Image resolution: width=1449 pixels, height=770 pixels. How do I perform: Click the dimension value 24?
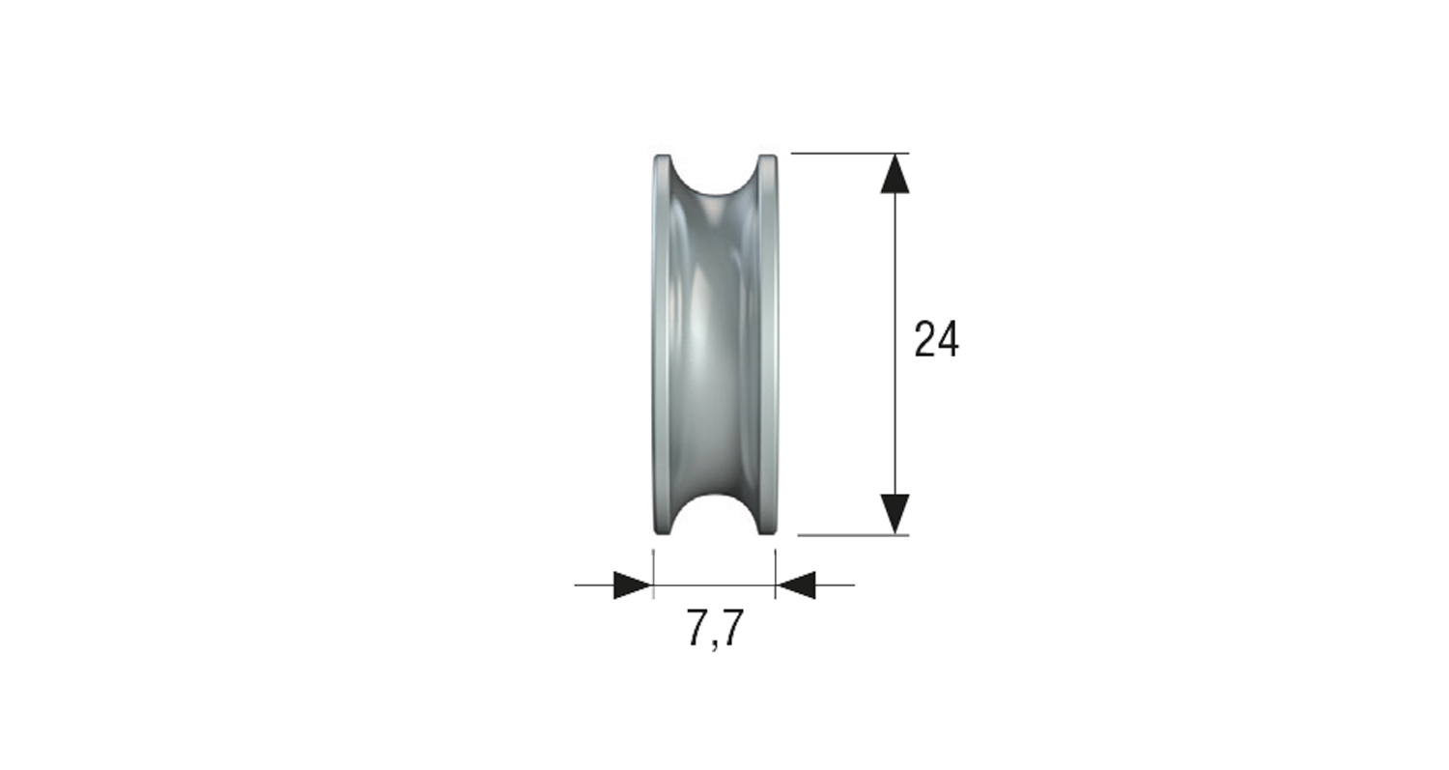tap(936, 340)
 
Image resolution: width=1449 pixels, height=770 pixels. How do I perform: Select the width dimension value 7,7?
tap(716, 629)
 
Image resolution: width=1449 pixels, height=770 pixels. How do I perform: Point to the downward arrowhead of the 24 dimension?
tap(895, 513)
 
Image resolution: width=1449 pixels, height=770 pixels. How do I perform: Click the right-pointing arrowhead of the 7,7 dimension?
tap(633, 585)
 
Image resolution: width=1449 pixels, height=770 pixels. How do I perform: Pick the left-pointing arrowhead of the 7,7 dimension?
tap(796, 585)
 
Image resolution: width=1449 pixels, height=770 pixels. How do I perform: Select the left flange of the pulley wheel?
tap(662, 343)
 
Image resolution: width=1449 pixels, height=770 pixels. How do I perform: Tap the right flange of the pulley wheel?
tap(768, 343)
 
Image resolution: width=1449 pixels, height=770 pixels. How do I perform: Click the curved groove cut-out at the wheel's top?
tap(715, 174)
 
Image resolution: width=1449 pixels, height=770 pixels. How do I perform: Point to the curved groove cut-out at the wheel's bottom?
tap(715, 515)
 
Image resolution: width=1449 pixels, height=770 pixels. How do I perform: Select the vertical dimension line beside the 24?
tap(895, 425)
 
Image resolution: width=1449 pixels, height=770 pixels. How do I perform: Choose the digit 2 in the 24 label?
tap(924, 340)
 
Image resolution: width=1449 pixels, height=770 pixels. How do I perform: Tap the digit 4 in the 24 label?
tap(948, 340)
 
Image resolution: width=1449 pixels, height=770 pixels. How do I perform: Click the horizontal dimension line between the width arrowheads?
tap(715, 585)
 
